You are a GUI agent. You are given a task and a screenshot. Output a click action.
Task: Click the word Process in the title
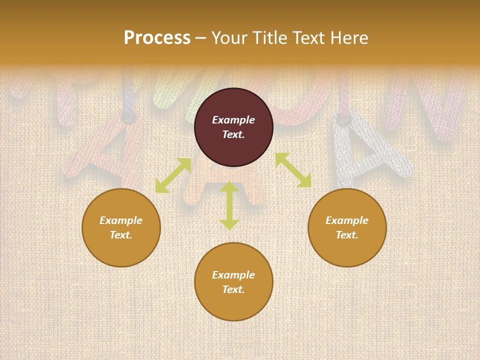click(x=157, y=38)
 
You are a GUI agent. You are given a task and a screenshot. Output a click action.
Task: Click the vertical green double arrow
click(x=229, y=206)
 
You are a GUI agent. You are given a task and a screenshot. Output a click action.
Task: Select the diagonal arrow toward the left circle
click(x=173, y=175)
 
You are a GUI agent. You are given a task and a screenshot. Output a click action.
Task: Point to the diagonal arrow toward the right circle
click(x=293, y=170)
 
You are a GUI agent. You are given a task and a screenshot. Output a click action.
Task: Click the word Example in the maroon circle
click(x=233, y=120)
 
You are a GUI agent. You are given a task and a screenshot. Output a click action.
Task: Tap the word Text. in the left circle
click(x=121, y=235)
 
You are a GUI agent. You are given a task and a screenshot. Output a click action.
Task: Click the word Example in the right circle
click(x=347, y=220)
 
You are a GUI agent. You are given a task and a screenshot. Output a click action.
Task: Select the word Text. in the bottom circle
click(x=233, y=289)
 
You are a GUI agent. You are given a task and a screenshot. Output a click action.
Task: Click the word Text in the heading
click(x=308, y=38)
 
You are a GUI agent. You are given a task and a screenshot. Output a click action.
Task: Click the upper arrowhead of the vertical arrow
click(x=229, y=186)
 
